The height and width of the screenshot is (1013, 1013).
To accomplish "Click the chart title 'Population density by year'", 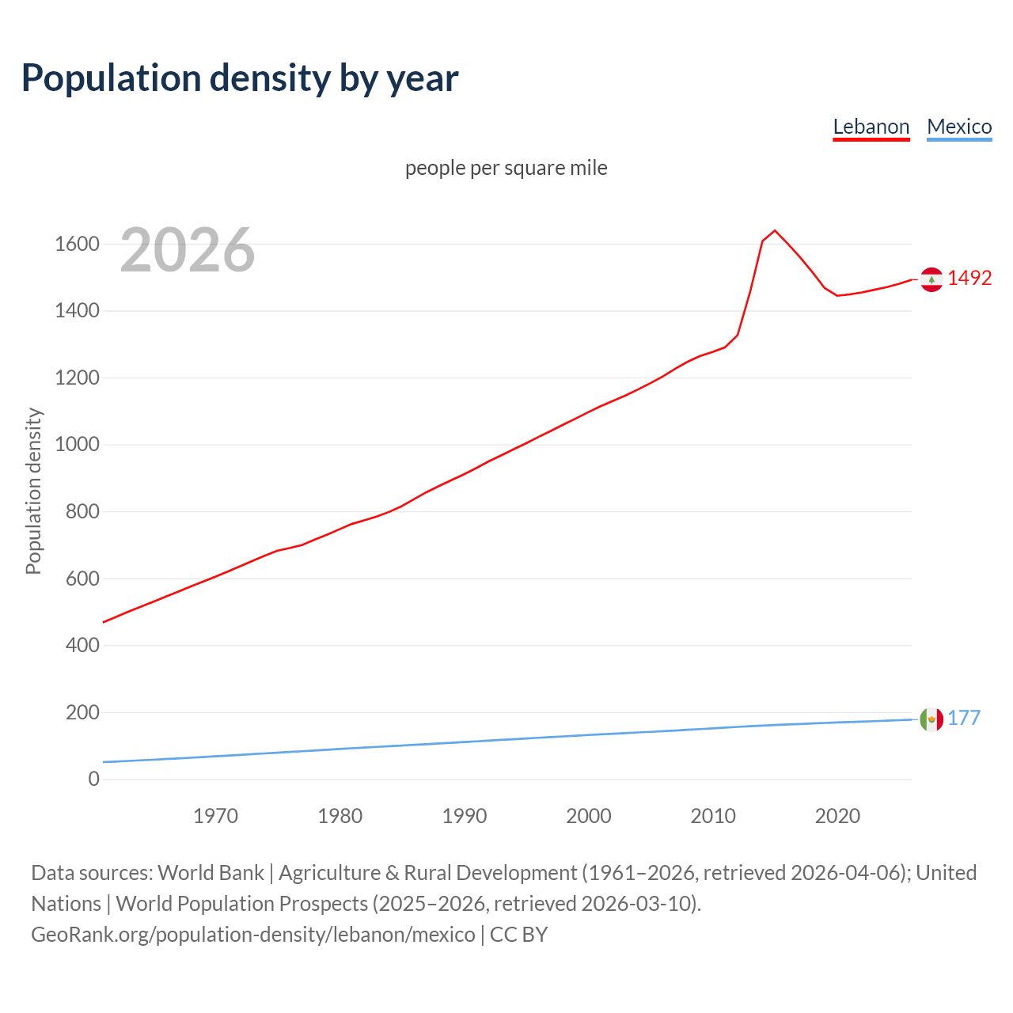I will [240, 78].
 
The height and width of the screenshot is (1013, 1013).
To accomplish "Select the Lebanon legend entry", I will [871, 127].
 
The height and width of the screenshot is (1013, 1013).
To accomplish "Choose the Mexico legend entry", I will [959, 127].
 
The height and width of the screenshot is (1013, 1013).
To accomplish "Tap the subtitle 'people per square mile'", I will [506, 168].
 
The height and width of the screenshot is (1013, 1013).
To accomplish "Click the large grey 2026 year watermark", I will [188, 250].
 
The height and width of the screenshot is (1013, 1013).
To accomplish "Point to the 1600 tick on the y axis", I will [77, 244].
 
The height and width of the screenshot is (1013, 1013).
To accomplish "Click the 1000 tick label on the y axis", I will [77, 445].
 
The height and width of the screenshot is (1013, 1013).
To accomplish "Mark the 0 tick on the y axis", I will [93, 780].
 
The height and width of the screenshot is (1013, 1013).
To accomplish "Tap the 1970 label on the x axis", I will [215, 816].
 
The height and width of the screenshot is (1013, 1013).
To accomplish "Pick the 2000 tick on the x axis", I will [588, 816].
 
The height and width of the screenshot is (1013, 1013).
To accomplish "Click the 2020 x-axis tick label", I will [837, 816].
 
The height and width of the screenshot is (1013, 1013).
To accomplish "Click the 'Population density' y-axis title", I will [33, 491].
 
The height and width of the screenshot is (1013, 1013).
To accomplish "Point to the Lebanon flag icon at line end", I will [931, 279].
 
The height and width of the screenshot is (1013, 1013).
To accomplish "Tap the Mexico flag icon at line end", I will [931, 719].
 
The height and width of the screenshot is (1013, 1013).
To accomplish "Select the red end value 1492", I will [969, 279].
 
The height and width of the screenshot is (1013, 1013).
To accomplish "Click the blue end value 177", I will [964, 719].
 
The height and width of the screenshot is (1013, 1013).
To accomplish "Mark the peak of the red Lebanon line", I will [775, 230].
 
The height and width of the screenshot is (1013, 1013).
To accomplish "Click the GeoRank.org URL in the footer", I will [253, 935].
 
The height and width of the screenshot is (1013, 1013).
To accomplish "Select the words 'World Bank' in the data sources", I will [211, 873].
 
